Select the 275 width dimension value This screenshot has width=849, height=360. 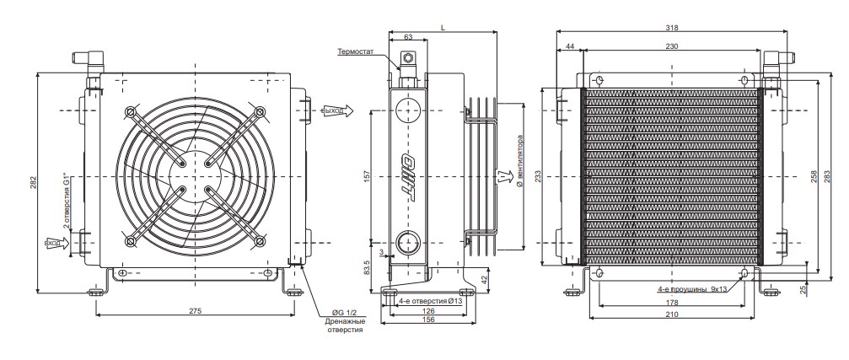point(195,311)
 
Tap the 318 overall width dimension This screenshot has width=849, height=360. point(671,28)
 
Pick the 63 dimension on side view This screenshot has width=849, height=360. point(409,38)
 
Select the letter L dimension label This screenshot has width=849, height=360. point(443,28)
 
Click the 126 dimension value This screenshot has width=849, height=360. point(428,309)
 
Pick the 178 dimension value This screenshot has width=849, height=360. point(671,302)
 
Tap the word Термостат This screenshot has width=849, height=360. point(355,51)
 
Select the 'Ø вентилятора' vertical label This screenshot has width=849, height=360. point(523,159)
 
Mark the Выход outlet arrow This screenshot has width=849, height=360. point(335,110)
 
